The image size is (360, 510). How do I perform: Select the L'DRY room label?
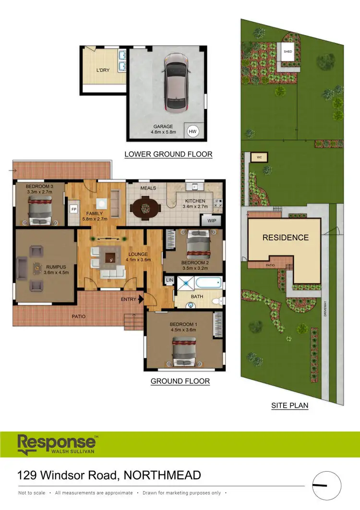tap(103, 70)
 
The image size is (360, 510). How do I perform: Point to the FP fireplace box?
tap(74, 209)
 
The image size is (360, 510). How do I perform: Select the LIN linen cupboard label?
tap(169, 280)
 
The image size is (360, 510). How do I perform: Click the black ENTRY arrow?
tap(140, 300)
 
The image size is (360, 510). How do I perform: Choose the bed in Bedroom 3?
tap(40, 211)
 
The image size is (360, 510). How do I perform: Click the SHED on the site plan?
tap(288, 52)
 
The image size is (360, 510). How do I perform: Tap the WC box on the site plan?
tap(259, 157)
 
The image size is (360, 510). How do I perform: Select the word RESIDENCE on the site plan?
tap(285, 237)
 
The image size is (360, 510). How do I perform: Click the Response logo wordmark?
tap(57, 442)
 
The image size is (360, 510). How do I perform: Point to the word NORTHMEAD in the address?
tap(162, 475)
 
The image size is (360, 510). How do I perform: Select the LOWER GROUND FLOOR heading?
tap(168, 154)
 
